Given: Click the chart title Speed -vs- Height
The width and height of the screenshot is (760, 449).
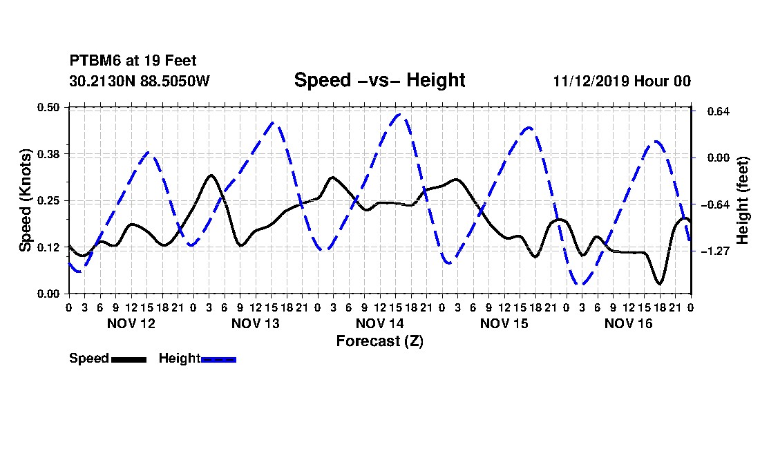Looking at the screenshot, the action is pos(379,80).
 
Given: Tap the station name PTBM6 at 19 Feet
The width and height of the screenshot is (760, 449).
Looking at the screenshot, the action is pos(133,61).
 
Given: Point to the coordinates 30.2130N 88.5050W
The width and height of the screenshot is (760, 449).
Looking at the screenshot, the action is pos(140,81).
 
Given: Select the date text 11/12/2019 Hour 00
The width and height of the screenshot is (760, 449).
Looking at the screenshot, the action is pos(622,81).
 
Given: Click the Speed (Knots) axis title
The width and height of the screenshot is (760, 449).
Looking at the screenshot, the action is pos(25,200).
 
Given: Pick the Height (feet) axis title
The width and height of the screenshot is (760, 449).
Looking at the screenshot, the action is pos(743,200).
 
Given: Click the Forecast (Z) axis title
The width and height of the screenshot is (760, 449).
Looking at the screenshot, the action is pos(379,341).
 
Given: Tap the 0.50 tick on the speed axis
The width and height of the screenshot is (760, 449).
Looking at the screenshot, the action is pos(48,107).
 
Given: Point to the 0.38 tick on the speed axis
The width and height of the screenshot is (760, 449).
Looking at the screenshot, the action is pos(48,154).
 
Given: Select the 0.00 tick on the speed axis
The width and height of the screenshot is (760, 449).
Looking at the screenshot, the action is pos(48,294).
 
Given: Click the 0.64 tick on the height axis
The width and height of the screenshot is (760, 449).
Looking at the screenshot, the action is pos(719,111).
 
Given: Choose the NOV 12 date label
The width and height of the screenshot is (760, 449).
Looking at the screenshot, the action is pos(131,323).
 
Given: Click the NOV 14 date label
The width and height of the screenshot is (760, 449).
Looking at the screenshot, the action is pos(379,323).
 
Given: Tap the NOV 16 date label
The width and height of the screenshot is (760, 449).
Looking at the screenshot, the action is pos(628,323).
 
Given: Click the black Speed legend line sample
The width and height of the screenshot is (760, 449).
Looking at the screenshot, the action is pos(129,359).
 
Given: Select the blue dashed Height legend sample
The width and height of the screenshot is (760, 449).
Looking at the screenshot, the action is pos(218,359).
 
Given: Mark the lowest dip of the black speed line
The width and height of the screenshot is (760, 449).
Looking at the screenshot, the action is pos(659,283).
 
